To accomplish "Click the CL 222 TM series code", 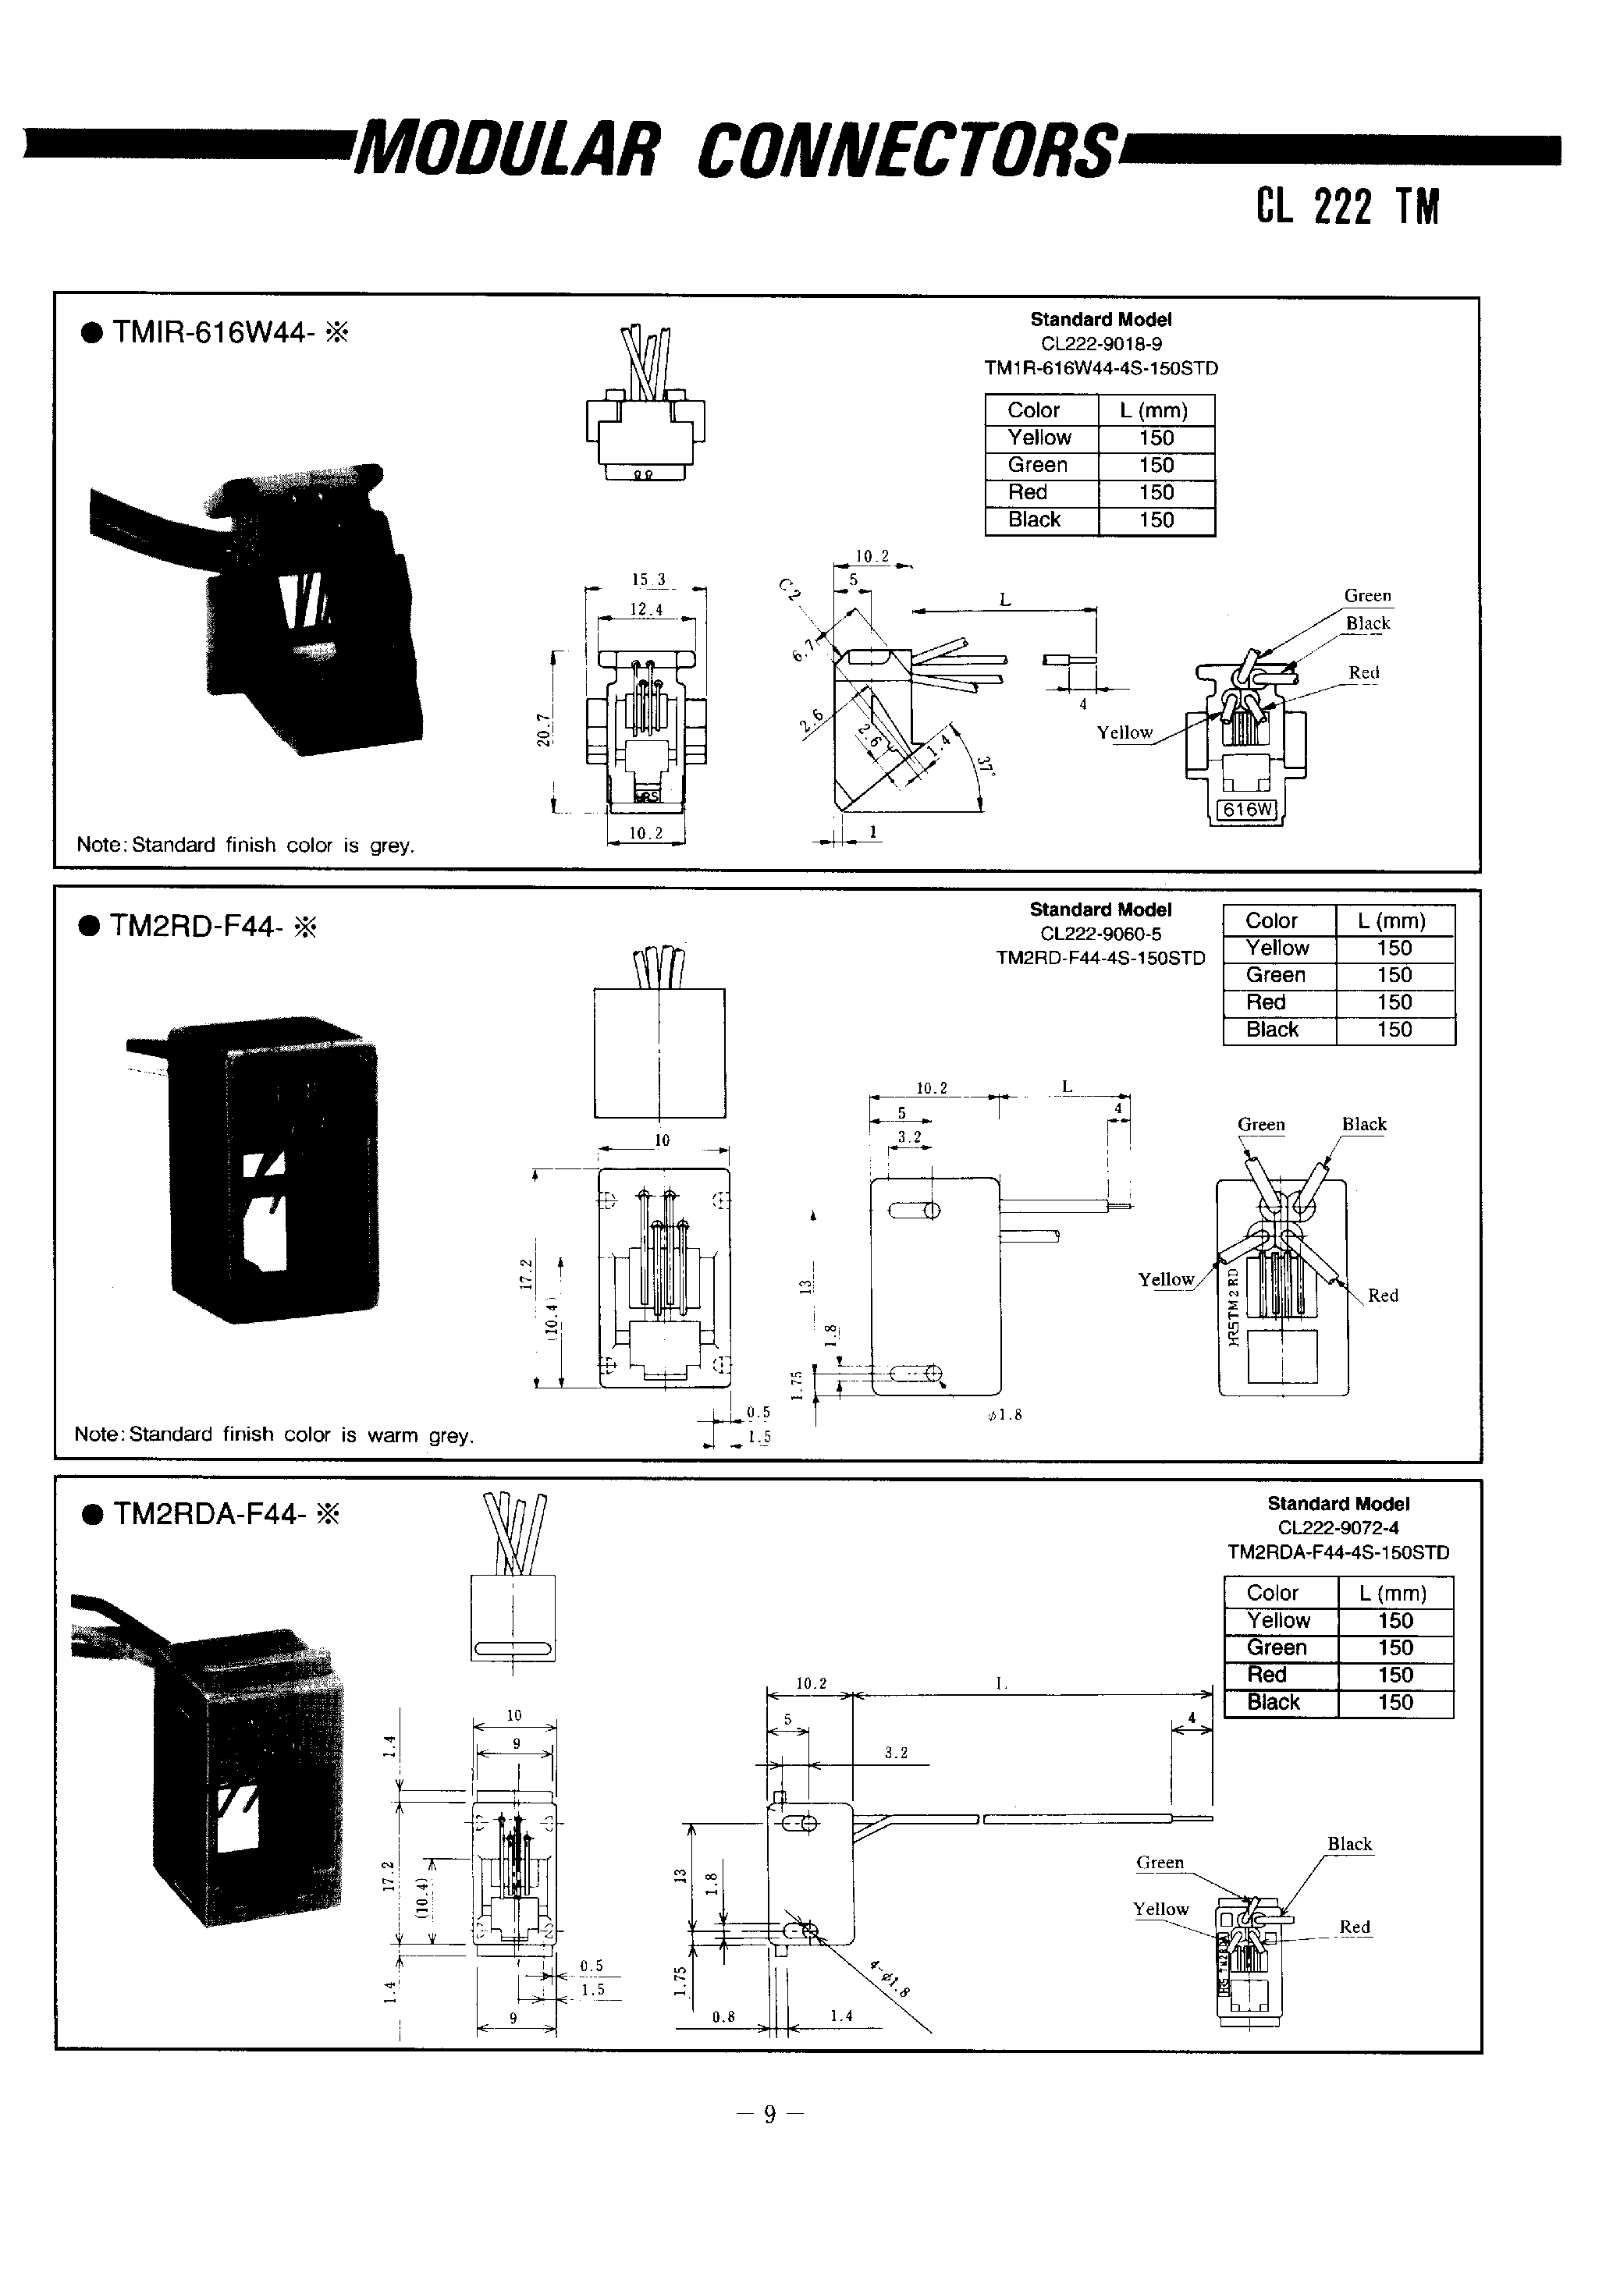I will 1347,207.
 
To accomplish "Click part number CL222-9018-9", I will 1100,343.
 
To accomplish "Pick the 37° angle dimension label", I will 984,766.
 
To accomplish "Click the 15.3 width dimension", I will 648,579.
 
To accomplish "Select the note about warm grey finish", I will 274,1435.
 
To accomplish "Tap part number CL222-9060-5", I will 1100,934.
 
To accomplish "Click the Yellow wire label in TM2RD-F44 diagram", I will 1165,1279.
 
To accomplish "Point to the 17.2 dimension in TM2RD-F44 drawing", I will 527,1273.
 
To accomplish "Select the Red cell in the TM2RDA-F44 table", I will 1267,1674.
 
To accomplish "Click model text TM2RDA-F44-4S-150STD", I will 1338,1552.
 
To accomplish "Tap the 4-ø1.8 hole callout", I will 889,1980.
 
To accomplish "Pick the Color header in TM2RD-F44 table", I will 1271,920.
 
